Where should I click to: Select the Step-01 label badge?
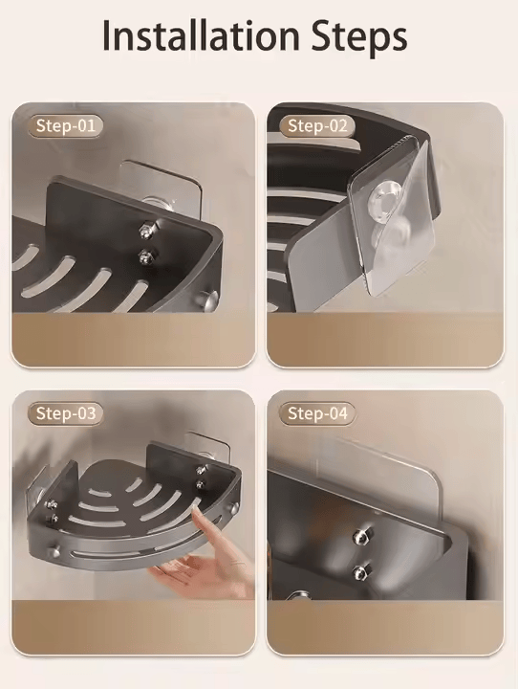(66, 125)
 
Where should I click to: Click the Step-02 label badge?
(318, 125)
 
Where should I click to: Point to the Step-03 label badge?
(66, 413)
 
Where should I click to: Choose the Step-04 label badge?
(318, 413)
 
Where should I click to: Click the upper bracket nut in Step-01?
(144, 230)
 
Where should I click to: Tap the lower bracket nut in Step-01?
(146, 256)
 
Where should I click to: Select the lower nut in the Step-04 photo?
(360, 571)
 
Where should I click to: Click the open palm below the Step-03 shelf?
(191, 574)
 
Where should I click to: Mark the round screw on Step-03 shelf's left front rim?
(56, 551)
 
